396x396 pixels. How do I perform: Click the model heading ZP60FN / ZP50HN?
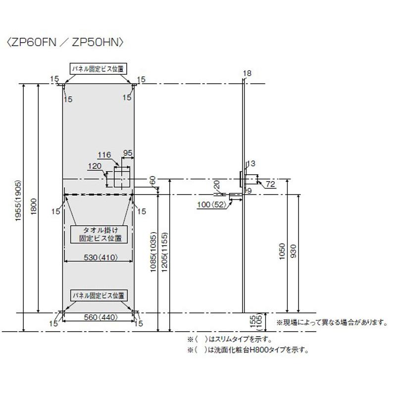[x=66, y=42]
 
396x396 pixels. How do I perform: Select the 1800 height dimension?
[x=34, y=207]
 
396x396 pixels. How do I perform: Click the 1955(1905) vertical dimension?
[x=19, y=201]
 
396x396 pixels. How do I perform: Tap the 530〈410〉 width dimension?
[x=101, y=257]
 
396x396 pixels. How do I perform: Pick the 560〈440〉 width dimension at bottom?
[x=101, y=317]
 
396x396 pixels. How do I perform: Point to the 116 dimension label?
[x=104, y=155]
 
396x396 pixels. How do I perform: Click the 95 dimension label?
[x=128, y=153]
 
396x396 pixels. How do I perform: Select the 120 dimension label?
[x=95, y=166]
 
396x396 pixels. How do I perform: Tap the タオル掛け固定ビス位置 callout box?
[x=99, y=234]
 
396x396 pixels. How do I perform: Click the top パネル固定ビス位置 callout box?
[x=98, y=69]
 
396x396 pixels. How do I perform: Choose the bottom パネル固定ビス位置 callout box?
[x=99, y=296]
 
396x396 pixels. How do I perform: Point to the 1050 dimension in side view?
[x=282, y=251]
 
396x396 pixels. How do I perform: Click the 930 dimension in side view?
[x=293, y=251]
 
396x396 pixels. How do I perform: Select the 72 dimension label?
[x=270, y=184]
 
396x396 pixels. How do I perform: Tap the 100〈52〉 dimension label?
[x=212, y=204]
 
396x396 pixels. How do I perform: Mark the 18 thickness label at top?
[x=247, y=73]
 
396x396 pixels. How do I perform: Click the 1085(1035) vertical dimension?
[x=153, y=252]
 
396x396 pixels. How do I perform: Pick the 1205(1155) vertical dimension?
[x=164, y=252]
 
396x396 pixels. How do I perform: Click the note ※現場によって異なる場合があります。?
[x=332, y=323]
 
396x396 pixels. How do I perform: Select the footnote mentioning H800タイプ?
[x=248, y=350]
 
